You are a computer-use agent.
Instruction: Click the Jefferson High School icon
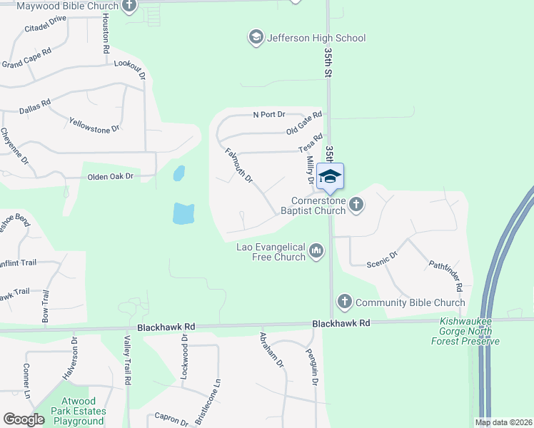[256, 37]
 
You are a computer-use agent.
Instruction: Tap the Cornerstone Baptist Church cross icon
[356, 205]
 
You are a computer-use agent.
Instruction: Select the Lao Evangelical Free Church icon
[316, 250]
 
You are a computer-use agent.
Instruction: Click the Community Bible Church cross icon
[344, 302]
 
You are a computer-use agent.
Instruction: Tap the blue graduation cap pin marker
[330, 177]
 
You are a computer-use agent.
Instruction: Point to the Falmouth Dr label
[239, 165]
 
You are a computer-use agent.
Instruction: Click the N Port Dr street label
[269, 114]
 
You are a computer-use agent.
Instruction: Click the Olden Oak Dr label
[111, 176]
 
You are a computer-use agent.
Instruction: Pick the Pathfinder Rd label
[446, 275]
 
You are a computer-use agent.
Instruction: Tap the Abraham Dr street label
[272, 350]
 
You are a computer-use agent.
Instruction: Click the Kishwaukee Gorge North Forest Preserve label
[469, 331]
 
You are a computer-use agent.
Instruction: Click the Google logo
[23, 420]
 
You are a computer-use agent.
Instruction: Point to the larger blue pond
[183, 213]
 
